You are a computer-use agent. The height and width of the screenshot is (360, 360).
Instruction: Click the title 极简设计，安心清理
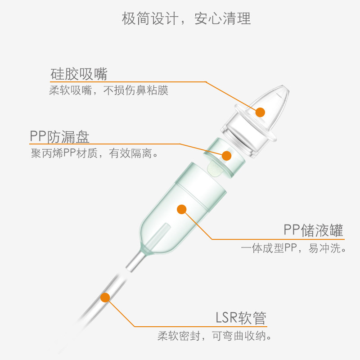[x=186, y=18]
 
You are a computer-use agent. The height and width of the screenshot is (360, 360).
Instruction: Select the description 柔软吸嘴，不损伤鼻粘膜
[x=108, y=90]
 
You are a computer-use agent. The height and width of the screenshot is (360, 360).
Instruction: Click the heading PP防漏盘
[x=59, y=137]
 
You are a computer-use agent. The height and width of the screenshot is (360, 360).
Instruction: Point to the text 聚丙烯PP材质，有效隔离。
[x=94, y=153]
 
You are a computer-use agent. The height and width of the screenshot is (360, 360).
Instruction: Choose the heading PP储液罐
[x=313, y=230]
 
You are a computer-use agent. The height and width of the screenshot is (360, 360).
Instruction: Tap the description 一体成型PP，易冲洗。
[x=293, y=248]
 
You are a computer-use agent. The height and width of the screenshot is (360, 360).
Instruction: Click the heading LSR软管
[x=241, y=318]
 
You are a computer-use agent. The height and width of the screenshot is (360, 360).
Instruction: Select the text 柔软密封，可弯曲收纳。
[x=214, y=336]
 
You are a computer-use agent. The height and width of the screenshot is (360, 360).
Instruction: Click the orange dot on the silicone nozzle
[x=260, y=112]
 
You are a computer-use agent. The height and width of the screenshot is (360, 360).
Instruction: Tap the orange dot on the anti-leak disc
[x=226, y=156]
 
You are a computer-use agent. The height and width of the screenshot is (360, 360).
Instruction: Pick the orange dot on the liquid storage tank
[x=182, y=209]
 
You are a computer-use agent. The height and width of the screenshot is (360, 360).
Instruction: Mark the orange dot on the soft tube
[x=105, y=297]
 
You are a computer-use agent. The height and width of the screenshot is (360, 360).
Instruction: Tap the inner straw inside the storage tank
[x=158, y=234]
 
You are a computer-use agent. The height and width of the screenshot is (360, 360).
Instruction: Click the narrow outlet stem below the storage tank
[x=136, y=261]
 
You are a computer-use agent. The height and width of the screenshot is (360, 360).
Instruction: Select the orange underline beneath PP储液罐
[x=278, y=239]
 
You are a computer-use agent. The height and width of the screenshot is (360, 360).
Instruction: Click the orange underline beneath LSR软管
[x=201, y=326]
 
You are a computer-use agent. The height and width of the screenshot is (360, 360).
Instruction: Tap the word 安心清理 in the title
[x=222, y=18]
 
